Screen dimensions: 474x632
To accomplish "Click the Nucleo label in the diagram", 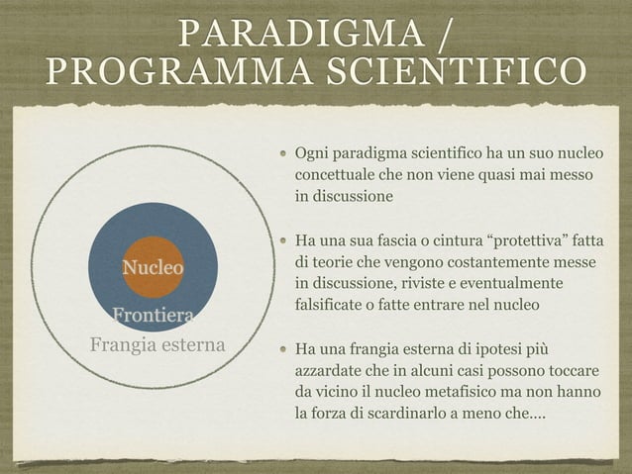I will click(x=153, y=267).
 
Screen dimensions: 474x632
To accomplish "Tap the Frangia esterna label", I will click(x=158, y=345).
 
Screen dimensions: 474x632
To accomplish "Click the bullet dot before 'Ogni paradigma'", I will click(x=283, y=154).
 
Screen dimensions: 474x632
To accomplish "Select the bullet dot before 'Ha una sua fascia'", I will click(x=283, y=240).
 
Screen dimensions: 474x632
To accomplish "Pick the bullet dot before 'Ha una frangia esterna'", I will click(x=283, y=348).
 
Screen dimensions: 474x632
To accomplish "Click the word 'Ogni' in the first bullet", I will click(x=313, y=153).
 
